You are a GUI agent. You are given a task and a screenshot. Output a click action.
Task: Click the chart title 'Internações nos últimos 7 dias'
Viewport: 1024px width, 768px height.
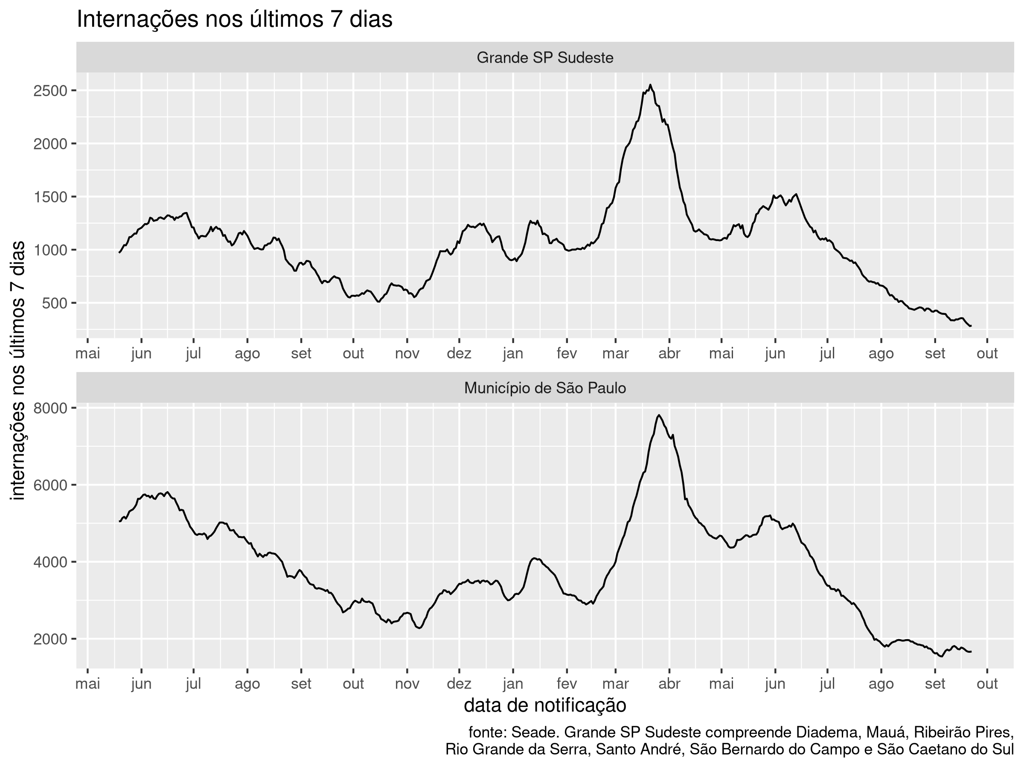click(x=234, y=20)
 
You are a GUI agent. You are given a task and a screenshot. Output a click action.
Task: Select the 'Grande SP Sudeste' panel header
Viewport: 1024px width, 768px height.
click(x=545, y=58)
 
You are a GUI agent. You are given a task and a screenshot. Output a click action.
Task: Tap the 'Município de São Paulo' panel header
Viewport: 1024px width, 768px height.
click(x=545, y=388)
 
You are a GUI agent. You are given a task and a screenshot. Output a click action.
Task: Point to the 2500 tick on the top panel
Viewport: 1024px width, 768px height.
click(x=50, y=91)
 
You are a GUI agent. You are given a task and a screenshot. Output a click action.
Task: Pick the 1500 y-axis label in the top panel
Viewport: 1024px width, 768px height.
click(x=50, y=197)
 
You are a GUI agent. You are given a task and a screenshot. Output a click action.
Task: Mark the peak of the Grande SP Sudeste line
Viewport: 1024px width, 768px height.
click(x=650, y=85)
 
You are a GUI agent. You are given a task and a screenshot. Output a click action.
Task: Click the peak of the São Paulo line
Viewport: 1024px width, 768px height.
click(x=659, y=415)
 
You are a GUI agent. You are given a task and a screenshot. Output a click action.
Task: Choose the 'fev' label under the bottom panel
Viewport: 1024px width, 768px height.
click(x=567, y=684)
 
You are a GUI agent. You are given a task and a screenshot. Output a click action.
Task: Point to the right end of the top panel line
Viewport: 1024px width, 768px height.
click(x=971, y=326)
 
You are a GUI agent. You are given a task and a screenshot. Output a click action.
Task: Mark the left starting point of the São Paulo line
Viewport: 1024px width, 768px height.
click(x=119, y=522)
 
